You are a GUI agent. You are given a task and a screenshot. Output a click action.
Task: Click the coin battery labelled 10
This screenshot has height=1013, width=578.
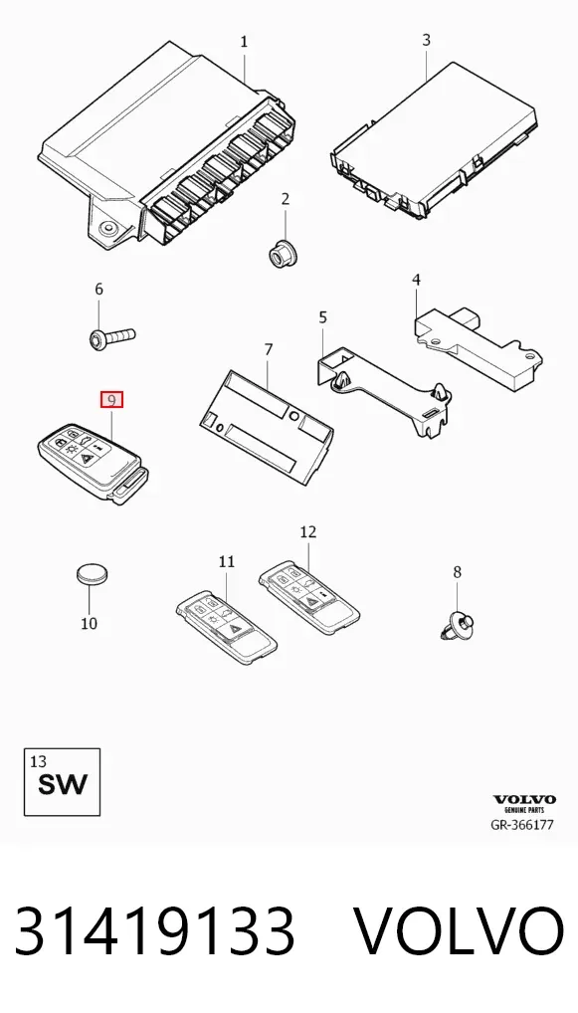tap(93, 574)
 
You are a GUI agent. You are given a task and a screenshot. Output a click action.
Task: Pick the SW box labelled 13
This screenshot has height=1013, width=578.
tap(62, 782)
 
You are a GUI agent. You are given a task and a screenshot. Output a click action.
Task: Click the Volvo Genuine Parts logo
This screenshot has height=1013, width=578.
tap(524, 803)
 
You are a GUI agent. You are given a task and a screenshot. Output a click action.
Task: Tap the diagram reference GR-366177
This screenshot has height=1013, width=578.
tap(523, 825)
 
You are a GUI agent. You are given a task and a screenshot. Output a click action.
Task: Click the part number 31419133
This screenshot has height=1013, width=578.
tap(155, 931)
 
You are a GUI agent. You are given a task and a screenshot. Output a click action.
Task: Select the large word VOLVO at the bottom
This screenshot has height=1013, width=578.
tap(461, 931)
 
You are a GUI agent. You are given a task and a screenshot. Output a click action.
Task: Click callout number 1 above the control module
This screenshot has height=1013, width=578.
tap(244, 42)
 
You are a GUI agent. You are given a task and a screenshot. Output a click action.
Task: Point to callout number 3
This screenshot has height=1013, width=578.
tap(426, 40)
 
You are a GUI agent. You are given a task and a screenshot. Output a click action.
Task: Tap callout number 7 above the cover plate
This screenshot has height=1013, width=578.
tap(269, 349)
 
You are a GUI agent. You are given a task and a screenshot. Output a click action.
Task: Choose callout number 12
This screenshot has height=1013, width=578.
tap(308, 531)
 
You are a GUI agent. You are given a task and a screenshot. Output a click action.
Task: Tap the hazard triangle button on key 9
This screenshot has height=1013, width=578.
tap(88, 456)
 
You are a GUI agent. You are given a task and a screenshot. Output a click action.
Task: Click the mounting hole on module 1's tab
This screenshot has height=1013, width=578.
tap(107, 228)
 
